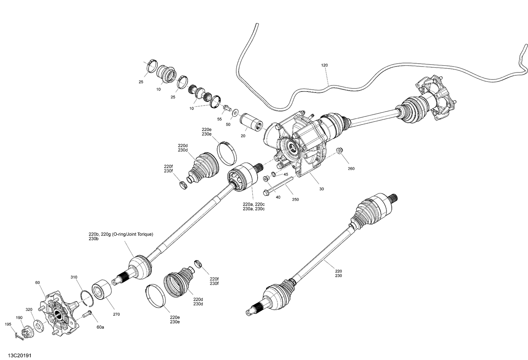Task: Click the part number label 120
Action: (324, 65)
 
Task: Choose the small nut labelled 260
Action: (340, 151)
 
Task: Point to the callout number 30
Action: (321, 189)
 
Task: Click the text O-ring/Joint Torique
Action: (132, 234)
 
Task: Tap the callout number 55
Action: (220, 119)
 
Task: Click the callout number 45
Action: (285, 175)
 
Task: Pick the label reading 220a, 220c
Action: (253, 204)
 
